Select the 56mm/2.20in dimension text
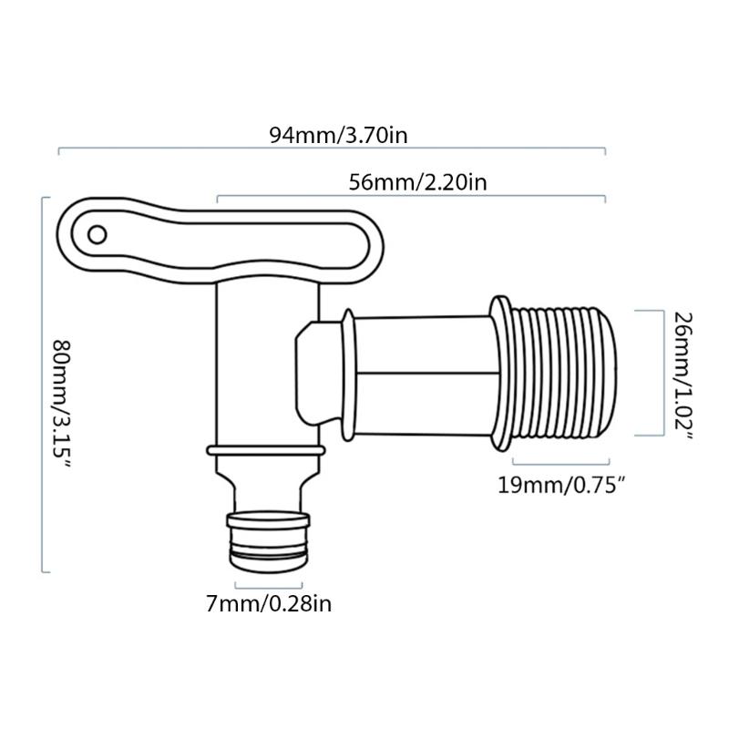click(x=418, y=182)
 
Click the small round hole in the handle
click(x=98, y=235)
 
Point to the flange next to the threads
click(x=500, y=374)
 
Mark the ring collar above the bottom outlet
click(x=264, y=453)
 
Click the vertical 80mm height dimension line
click(x=43, y=383)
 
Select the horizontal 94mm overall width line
click(x=332, y=149)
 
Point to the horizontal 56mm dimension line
click(x=410, y=196)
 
